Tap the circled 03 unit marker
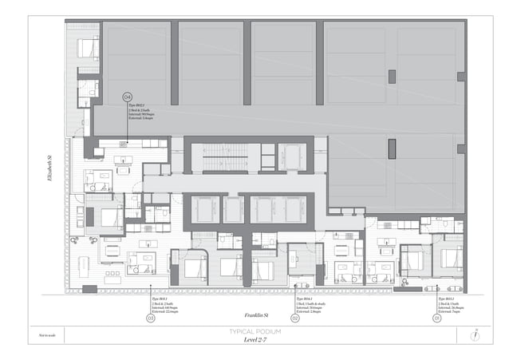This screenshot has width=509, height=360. tap(150, 318)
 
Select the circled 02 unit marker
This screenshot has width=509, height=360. tap(294, 318)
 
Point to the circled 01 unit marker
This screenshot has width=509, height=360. tap(436, 318)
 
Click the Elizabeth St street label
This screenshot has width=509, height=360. tap(49, 168)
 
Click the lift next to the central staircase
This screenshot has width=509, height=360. tap(291, 157)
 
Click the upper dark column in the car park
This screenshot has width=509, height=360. tap(392, 77)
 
